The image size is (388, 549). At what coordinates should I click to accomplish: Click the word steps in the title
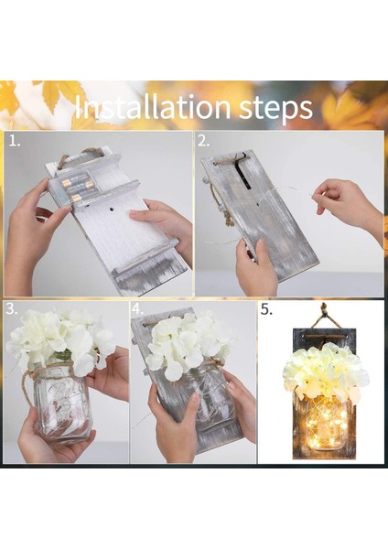(276, 109)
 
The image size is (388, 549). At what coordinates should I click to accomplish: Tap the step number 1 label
(15, 141)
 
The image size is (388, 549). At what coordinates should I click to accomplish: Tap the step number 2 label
(203, 141)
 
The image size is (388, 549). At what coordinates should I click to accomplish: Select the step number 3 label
(12, 309)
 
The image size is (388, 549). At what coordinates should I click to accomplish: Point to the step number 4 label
(137, 309)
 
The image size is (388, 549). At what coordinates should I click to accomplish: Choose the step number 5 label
(266, 309)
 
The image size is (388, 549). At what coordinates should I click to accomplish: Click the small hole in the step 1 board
(113, 209)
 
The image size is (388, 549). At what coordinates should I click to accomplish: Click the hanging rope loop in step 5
(325, 318)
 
